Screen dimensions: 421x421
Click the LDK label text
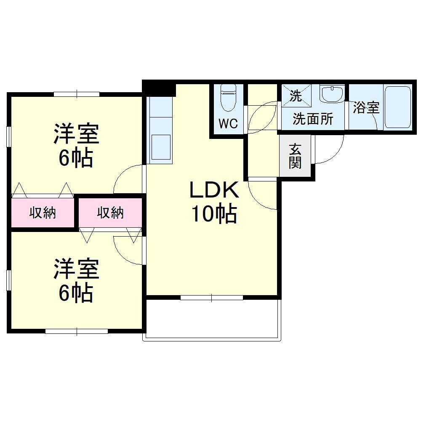tap(214, 190)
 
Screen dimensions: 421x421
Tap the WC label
tap(228, 123)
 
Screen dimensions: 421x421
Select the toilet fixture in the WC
tap(228, 98)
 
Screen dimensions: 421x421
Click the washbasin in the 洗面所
tap(333, 94)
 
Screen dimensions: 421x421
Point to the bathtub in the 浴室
tap(398, 107)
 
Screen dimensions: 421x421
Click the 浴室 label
tap(366, 108)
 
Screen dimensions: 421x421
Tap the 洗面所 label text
tap(313, 119)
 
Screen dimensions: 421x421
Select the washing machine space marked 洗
tap(296, 96)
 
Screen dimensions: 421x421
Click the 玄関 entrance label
tap(295, 156)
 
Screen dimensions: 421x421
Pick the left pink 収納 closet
tap(43, 213)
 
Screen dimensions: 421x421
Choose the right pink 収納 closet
tap(110, 213)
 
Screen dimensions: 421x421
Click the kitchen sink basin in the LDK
tap(161, 147)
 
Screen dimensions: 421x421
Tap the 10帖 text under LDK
tap(214, 214)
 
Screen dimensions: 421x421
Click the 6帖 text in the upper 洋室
tap(76, 158)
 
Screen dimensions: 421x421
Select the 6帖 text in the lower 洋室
tap(76, 293)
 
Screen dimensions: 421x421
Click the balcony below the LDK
tap(212, 320)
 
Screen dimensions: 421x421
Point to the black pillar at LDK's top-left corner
tap(159, 88)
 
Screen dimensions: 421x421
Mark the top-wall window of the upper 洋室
tap(77, 94)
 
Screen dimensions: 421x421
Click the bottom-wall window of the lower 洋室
tap(77, 331)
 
